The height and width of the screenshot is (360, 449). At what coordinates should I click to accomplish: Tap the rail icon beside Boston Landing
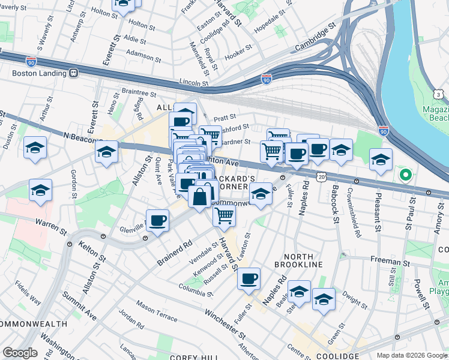74,74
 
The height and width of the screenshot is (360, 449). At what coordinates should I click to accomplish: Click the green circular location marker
406,176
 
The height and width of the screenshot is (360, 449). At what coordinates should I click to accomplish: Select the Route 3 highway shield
440,95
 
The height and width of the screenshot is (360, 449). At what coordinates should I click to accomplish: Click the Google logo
20,353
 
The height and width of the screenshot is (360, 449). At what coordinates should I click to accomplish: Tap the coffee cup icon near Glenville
158,221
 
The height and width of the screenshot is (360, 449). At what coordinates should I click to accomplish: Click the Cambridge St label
316,38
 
